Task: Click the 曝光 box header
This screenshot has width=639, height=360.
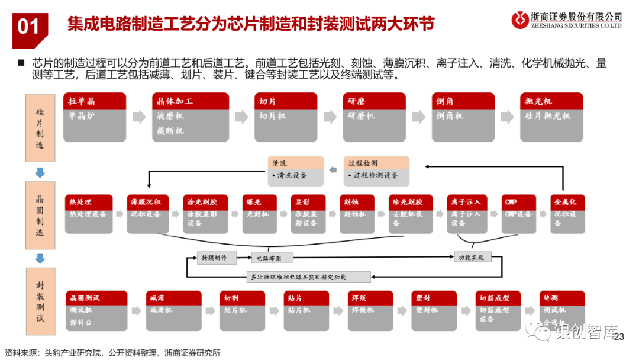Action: tap(259, 202)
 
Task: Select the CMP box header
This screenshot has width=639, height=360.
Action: tap(518, 202)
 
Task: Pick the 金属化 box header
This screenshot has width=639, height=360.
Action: tap(567, 202)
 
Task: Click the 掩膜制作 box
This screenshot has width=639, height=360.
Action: tap(216, 257)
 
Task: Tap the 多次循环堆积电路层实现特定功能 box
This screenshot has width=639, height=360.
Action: tap(308, 277)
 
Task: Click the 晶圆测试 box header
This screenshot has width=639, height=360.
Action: tap(96, 298)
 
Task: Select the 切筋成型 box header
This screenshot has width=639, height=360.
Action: tap(500, 298)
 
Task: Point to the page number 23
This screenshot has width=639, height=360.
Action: tap(619, 337)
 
